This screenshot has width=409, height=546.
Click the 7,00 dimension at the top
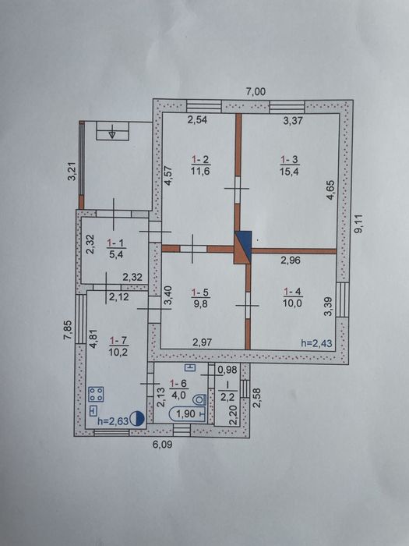coord(256,92)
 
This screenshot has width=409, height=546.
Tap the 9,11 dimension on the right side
coord(358,224)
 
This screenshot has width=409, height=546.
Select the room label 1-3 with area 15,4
coord(290,165)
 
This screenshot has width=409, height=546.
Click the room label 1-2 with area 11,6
coord(201,165)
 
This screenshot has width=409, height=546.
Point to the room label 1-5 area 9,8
coord(201,298)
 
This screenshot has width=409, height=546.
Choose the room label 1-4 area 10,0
coord(293,298)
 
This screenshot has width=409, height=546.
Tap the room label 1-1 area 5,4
coord(117,248)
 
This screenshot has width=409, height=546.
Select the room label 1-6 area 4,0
coord(179,388)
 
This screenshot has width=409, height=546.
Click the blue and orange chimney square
coord(243,247)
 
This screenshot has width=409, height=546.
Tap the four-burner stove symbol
coord(97,394)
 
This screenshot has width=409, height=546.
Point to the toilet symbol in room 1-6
coord(200,399)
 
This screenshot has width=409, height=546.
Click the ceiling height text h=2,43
coord(316,344)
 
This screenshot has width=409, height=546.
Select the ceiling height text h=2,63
coord(113,420)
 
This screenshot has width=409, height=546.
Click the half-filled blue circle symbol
coord(137,419)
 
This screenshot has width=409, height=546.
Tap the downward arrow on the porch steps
coord(112,133)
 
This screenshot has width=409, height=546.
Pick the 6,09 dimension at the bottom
coord(163,445)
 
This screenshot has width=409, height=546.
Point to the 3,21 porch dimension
coord(72,172)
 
